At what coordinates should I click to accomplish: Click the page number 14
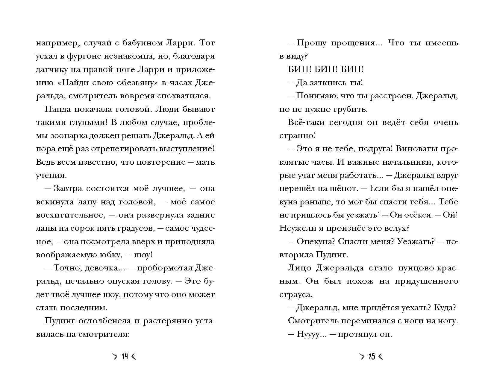pos(125,356)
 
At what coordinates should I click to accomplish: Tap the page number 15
pos(372,356)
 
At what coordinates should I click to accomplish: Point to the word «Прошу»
pos(311,43)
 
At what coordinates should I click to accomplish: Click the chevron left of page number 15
pos(362,356)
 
